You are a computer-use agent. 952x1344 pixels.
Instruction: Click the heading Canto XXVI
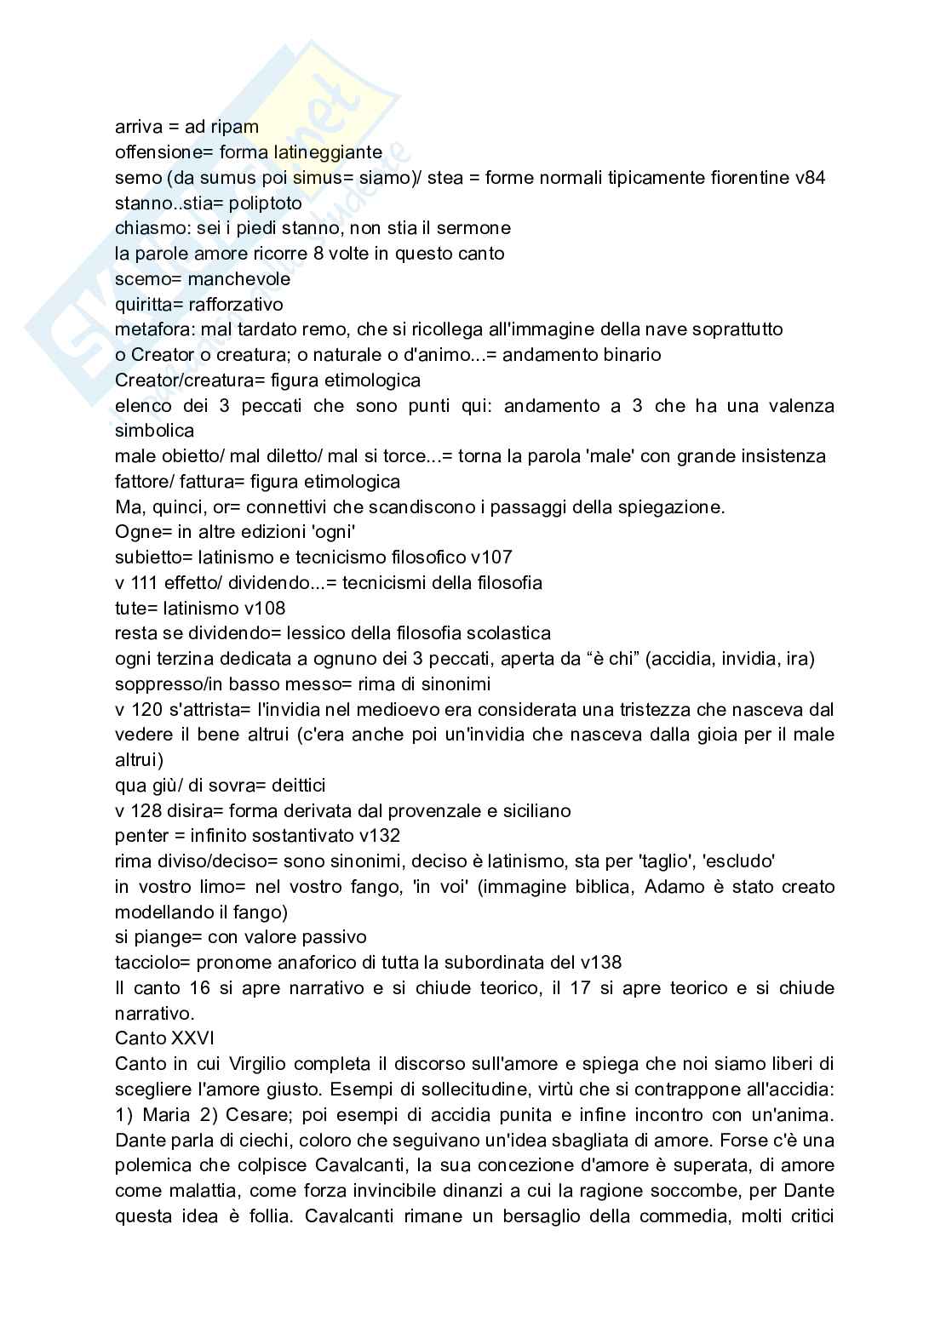pyautogui.click(x=164, y=1038)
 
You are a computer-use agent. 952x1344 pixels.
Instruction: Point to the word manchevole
pyautogui.click(x=239, y=279)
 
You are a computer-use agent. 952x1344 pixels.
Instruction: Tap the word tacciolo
pyautogui.click(x=147, y=963)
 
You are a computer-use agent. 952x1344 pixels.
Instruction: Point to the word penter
pyautogui.click(x=141, y=836)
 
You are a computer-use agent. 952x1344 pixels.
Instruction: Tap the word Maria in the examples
pyautogui.click(x=166, y=1114)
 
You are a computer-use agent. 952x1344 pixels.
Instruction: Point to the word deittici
pyautogui.click(x=294, y=785)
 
